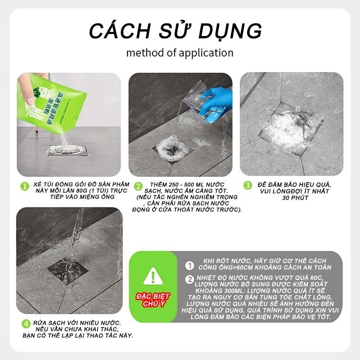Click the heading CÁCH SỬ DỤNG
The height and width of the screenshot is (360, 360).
pyautogui.click(x=175, y=31)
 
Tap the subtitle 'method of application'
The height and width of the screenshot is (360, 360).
pyautogui.click(x=180, y=53)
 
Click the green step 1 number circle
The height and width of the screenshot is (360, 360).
pyautogui.click(x=25, y=186)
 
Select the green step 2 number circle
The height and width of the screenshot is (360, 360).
pyautogui.click(x=138, y=186)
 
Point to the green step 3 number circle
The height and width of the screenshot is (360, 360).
pyautogui.click(x=248, y=185)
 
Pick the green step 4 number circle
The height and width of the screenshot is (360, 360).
pyautogui.click(x=26, y=324)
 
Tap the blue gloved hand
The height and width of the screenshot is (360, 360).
pyautogui.click(x=216, y=101)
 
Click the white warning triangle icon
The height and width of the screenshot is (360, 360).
pyautogui.click(x=153, y=276)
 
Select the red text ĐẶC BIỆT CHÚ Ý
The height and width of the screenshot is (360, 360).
pyautogui.click(x=153, y=300)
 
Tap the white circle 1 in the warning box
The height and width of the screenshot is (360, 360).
pyautogui.click(x=189, y=265)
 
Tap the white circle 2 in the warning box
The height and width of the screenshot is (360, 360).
pyautogui.click(x=189, y=279)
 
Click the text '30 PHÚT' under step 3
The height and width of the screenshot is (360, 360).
pyautogui.click(x=295, y=198)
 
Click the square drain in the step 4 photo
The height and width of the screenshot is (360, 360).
pyautogui.click(x=68, y=271)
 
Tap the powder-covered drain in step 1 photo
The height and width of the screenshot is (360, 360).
pyautogui.click(x=67, y=150)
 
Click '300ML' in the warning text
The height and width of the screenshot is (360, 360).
pyautogui.click(x=229, y=291)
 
